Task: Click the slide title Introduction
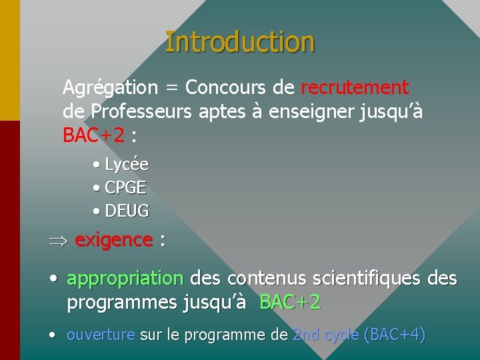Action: [239, 41]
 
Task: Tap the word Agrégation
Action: [110, 87]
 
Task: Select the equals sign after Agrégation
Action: [172, 88]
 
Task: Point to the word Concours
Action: [226, 87]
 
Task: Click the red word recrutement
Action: [355, 87]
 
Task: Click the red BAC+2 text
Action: [93, 135]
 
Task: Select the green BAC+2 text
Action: [290, 302]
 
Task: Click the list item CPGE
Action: [125, 187]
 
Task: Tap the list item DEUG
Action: [127, 211]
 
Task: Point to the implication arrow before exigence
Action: [58, 241]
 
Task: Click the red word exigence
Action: [113, 240]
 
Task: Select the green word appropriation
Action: [125, 277]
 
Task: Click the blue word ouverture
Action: [101, 334]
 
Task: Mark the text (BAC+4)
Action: [393, 334]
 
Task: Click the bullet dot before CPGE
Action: [97, 188]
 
